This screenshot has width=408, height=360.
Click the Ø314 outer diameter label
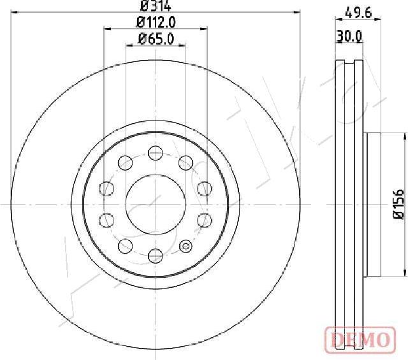156,6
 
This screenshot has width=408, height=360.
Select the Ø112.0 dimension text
156,22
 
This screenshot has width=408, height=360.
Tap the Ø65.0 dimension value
156,40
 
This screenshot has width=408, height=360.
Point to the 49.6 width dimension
358,13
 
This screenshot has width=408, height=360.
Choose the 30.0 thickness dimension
349,36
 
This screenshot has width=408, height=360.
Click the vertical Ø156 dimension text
398,205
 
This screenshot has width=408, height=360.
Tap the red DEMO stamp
360,340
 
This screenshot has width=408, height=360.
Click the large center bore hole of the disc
156,205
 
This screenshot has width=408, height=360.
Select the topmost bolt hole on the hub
156,153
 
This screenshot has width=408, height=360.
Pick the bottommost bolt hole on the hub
156,256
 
